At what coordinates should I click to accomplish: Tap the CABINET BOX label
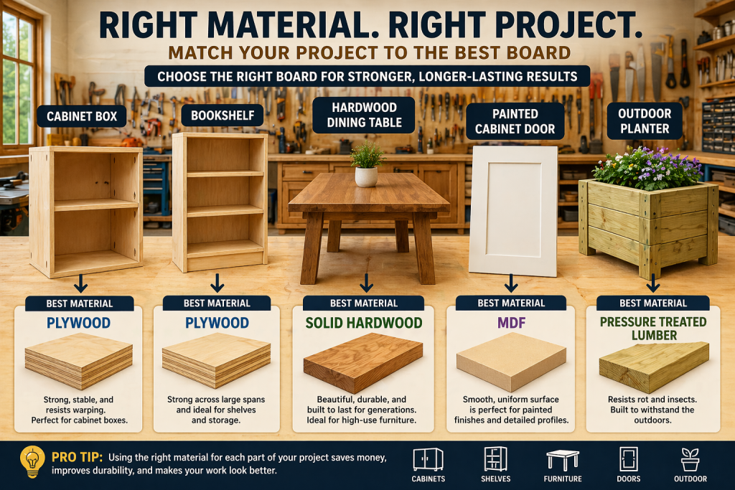tap(77, 115)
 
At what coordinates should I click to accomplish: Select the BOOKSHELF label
tap(217, 115)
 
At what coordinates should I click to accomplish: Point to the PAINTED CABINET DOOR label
tap(514, 121)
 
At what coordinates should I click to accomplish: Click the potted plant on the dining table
tap(367, 165)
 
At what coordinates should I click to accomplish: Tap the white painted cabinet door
tap(513, 209)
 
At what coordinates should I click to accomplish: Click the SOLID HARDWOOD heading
tap(363, 323)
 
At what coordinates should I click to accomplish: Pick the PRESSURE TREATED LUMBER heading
tap(652, 329)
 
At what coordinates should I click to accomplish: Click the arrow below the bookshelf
tap(217, 282)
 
